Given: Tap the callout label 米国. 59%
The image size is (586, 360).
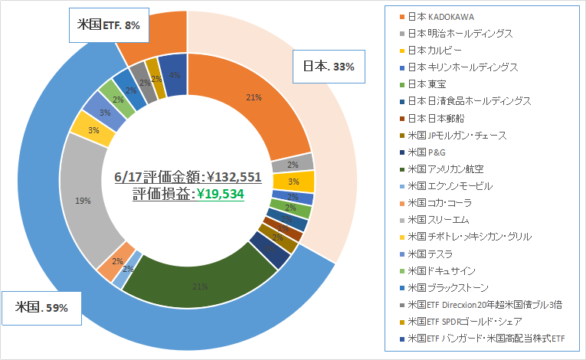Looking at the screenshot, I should click(x=43, y=307).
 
